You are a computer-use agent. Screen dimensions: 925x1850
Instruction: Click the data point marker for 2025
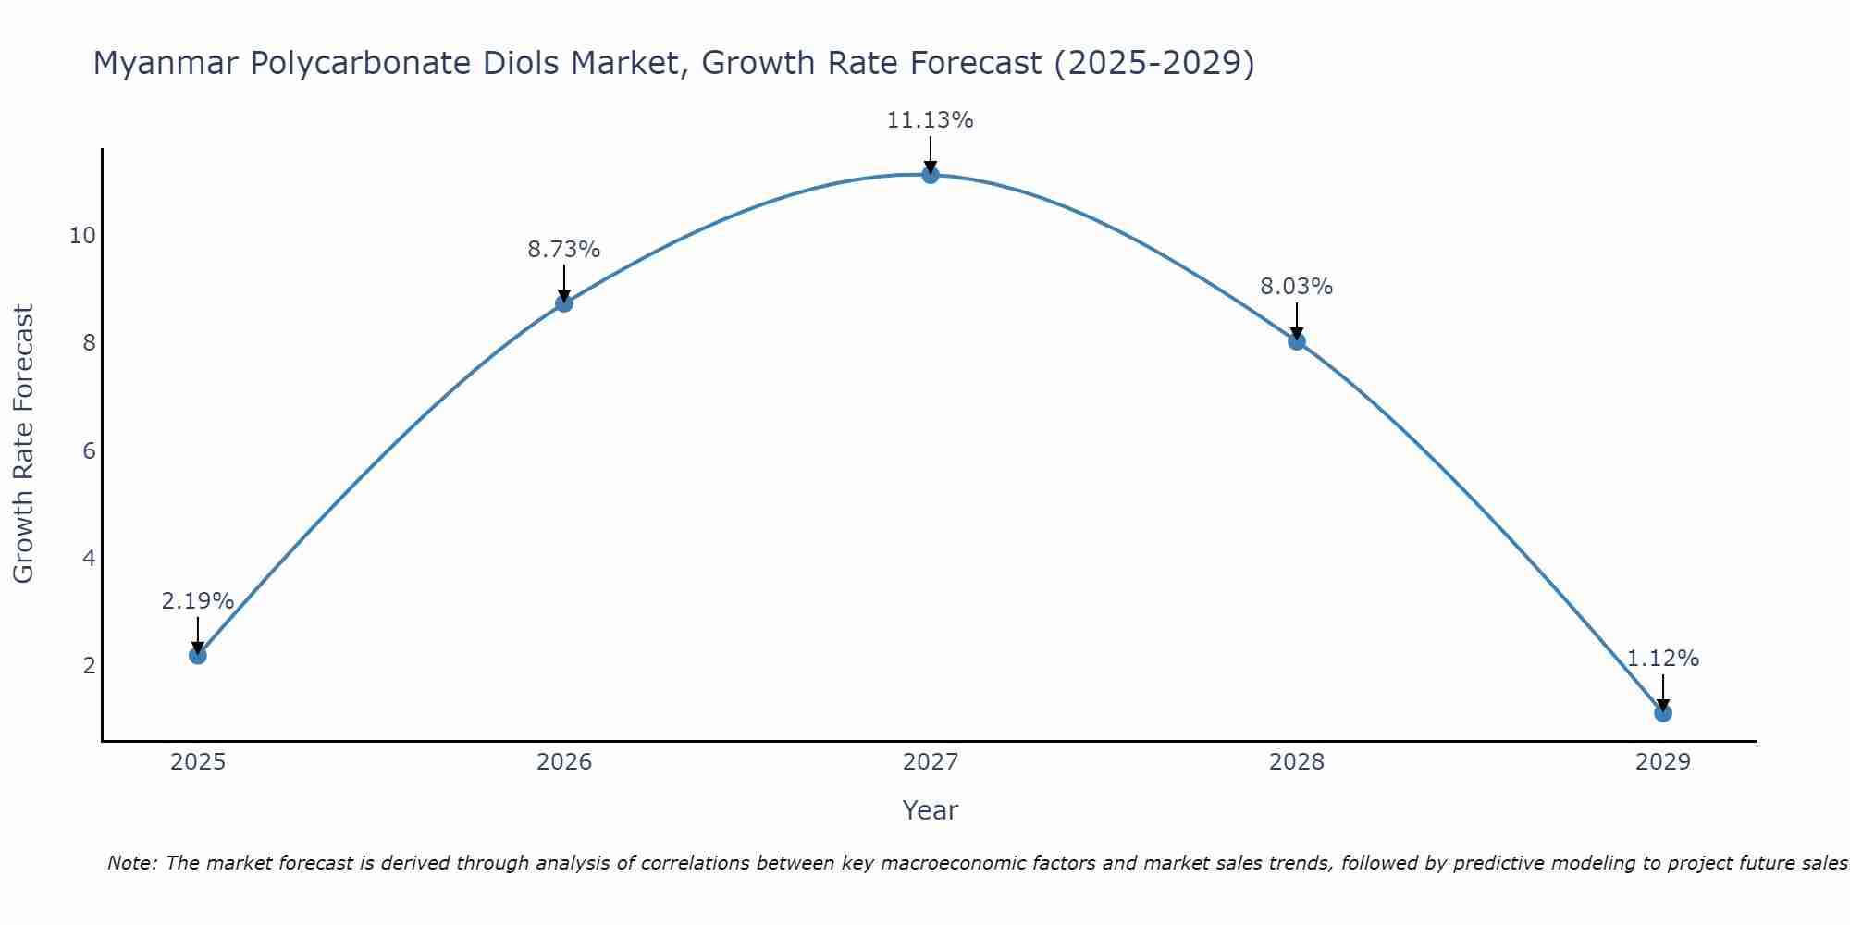point(197,655)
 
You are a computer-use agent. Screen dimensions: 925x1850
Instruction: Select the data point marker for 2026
point(563,302)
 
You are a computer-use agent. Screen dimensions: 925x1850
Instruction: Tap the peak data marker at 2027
point(930,174)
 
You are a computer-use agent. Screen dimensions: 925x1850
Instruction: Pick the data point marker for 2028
point(1296,340)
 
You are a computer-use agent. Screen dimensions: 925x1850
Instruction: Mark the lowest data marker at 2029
point(1662,712)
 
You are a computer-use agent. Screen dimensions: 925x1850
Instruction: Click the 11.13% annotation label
point(930,120)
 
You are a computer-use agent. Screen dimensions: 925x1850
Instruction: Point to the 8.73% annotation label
point(563,250)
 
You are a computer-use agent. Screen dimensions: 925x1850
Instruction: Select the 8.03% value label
point(1296,287)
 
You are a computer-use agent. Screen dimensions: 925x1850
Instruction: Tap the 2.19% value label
point(197,601)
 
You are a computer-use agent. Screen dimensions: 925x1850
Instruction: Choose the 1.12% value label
point(1662,659)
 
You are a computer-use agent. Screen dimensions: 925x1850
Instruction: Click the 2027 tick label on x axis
point(930,762)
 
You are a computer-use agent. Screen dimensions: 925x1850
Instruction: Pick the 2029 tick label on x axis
point(1662,762)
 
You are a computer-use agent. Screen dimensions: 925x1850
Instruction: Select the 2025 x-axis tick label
point(198,762)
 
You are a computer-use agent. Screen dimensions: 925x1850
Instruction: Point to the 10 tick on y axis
point(82,236)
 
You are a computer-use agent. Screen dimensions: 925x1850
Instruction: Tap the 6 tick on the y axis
point(89,451)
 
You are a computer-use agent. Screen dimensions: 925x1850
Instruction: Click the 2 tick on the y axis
point(89,666)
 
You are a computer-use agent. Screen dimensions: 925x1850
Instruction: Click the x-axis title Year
point(930,810)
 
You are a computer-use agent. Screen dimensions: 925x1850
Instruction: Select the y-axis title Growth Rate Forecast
point(23,444)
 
